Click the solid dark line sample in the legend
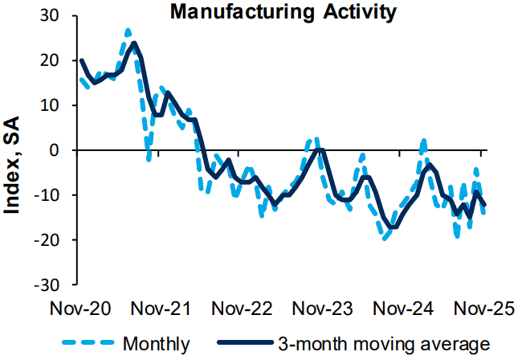click(x=239, y=345)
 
